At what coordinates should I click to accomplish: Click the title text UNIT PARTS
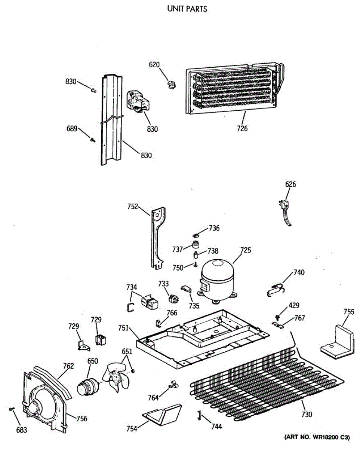[x=187, y=9]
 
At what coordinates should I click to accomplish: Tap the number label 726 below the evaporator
[x=242, y=129]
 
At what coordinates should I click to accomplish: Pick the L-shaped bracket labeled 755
[x=338, y=341]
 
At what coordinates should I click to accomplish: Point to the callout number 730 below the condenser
[x=307, y=414]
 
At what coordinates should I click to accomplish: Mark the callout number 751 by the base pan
[x=123, y=328]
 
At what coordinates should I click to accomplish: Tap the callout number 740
[x=299, y=273]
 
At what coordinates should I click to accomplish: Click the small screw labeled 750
[x=195, y=265]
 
